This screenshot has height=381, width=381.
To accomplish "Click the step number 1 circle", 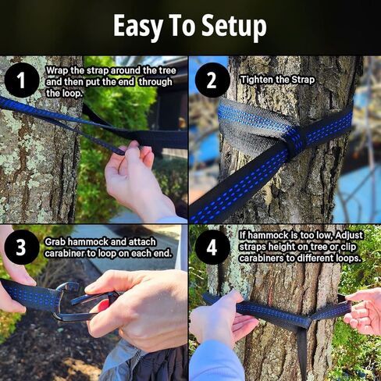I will (22, 80).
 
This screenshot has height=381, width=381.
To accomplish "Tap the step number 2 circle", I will (212, 80).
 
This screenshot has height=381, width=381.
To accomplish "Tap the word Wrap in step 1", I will (58, 69).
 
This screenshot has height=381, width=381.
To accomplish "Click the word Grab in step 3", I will (57, 242).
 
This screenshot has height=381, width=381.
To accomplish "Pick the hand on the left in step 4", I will (219, 320).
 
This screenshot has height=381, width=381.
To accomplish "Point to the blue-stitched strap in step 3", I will (35, 297).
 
